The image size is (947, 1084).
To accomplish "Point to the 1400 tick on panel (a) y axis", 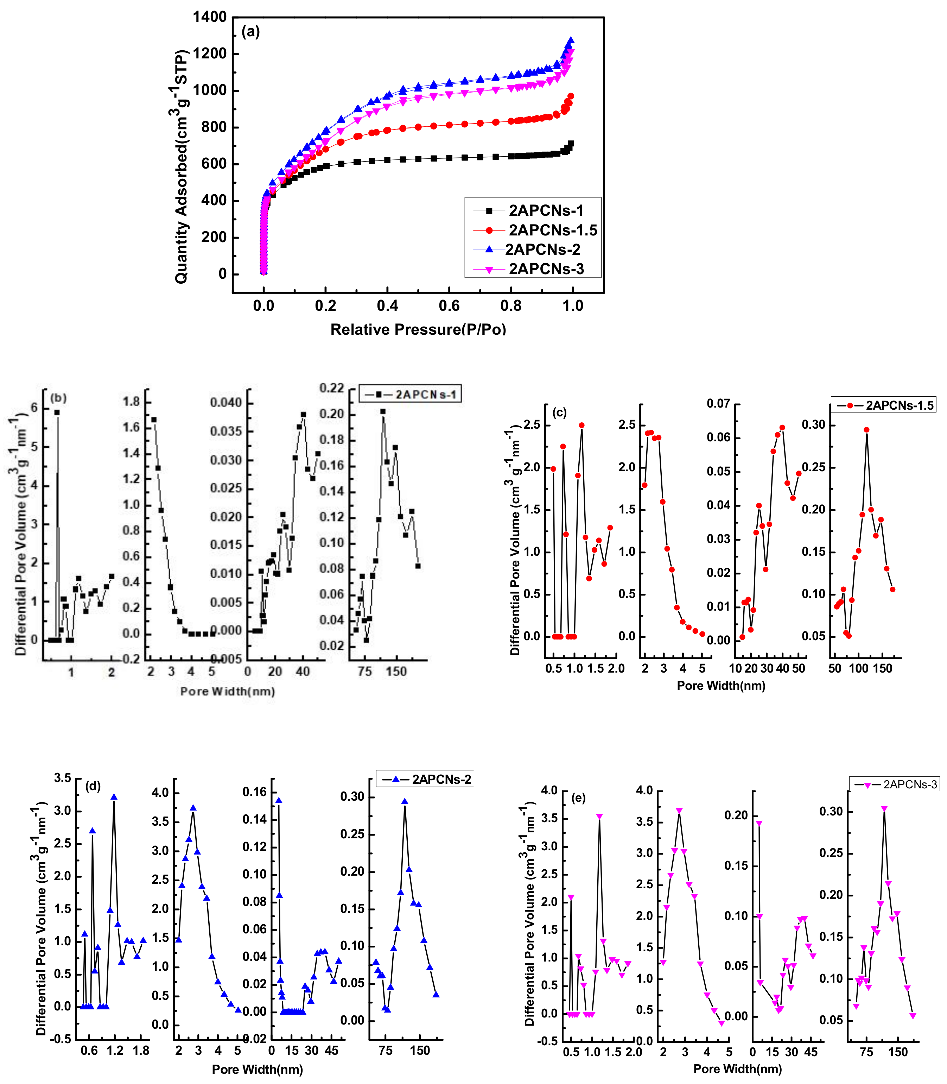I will click(210, 17).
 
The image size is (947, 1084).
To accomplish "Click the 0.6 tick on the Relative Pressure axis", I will click(449, 305).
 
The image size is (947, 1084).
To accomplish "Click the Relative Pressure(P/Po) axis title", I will click(418, 329).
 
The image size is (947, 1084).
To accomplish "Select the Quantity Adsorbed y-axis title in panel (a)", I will click(181, 166).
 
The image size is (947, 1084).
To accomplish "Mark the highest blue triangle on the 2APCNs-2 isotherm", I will click(570, 40).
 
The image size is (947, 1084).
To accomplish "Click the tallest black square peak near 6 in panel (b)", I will click(57, 412).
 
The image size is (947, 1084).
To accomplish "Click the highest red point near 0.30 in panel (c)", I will click(866, 430).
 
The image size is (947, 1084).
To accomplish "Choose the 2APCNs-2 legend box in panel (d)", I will click(425, 779).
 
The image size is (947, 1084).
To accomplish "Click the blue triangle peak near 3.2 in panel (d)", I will click(114, 797).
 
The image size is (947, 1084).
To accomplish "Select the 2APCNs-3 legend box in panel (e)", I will click(894, 784).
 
